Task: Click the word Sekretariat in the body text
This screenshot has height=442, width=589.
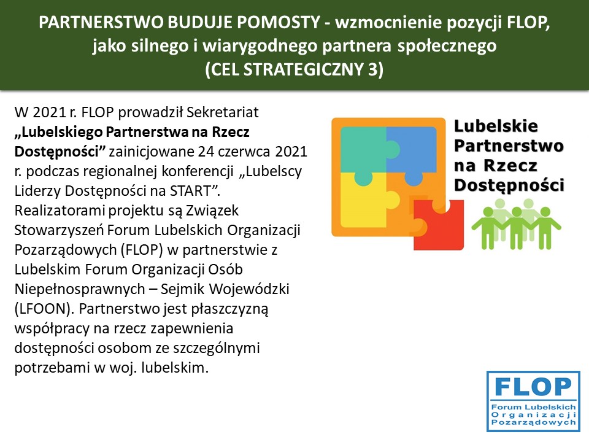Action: point(222,112)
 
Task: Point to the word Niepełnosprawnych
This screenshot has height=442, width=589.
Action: point(80,289)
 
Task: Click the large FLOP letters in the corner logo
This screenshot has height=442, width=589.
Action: point(533,387)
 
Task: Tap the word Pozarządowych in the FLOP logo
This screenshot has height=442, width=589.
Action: point(533,422)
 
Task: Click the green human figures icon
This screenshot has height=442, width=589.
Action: point(516,225)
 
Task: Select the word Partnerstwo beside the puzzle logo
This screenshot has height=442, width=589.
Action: point(509,146)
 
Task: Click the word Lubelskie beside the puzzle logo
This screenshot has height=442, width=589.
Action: point(496,126)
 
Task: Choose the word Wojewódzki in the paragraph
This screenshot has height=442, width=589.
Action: point(249,289)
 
